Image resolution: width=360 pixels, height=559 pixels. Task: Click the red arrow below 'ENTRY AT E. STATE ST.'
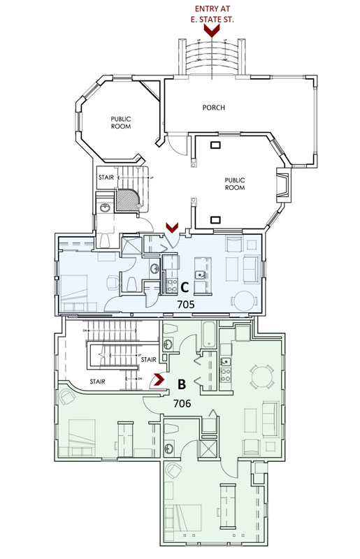(x=206, y=29)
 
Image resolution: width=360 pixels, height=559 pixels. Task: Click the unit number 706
(x=182, y=404)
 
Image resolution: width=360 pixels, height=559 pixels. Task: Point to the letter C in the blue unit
(x=185, y=287)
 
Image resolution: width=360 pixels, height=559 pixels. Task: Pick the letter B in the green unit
(x=181, y=384)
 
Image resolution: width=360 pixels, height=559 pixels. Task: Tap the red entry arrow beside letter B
(x=160, y=380)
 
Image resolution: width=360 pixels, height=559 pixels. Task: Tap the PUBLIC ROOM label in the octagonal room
(x=121, y=123)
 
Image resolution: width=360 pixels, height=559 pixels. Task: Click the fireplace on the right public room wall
(x=284, y=185)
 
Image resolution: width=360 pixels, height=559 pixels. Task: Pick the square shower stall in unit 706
(x=209, y=449)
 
